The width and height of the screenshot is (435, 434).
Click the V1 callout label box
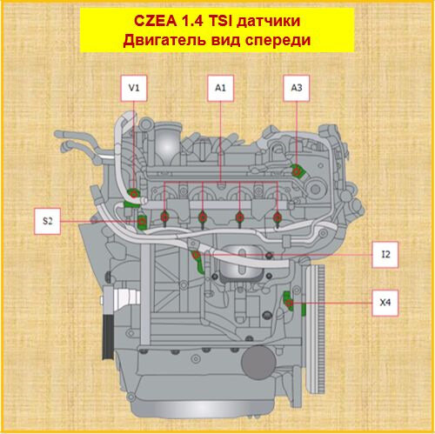pos(134,87)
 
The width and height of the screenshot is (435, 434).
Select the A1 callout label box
pos(220,87)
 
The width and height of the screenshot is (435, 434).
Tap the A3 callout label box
pos(297,87)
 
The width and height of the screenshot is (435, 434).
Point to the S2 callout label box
pos(50,221)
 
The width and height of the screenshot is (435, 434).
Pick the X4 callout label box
pos(385,304)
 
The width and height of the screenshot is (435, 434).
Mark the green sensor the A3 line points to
pos(297,171)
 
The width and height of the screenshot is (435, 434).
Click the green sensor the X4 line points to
pos(291,303)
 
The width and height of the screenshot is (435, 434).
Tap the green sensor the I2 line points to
pos(198,258)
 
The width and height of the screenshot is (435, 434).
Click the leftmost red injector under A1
pos(165,215)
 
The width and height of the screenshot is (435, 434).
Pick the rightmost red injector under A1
pos(277,215)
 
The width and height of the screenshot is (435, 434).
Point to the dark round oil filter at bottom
pos(258,358)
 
